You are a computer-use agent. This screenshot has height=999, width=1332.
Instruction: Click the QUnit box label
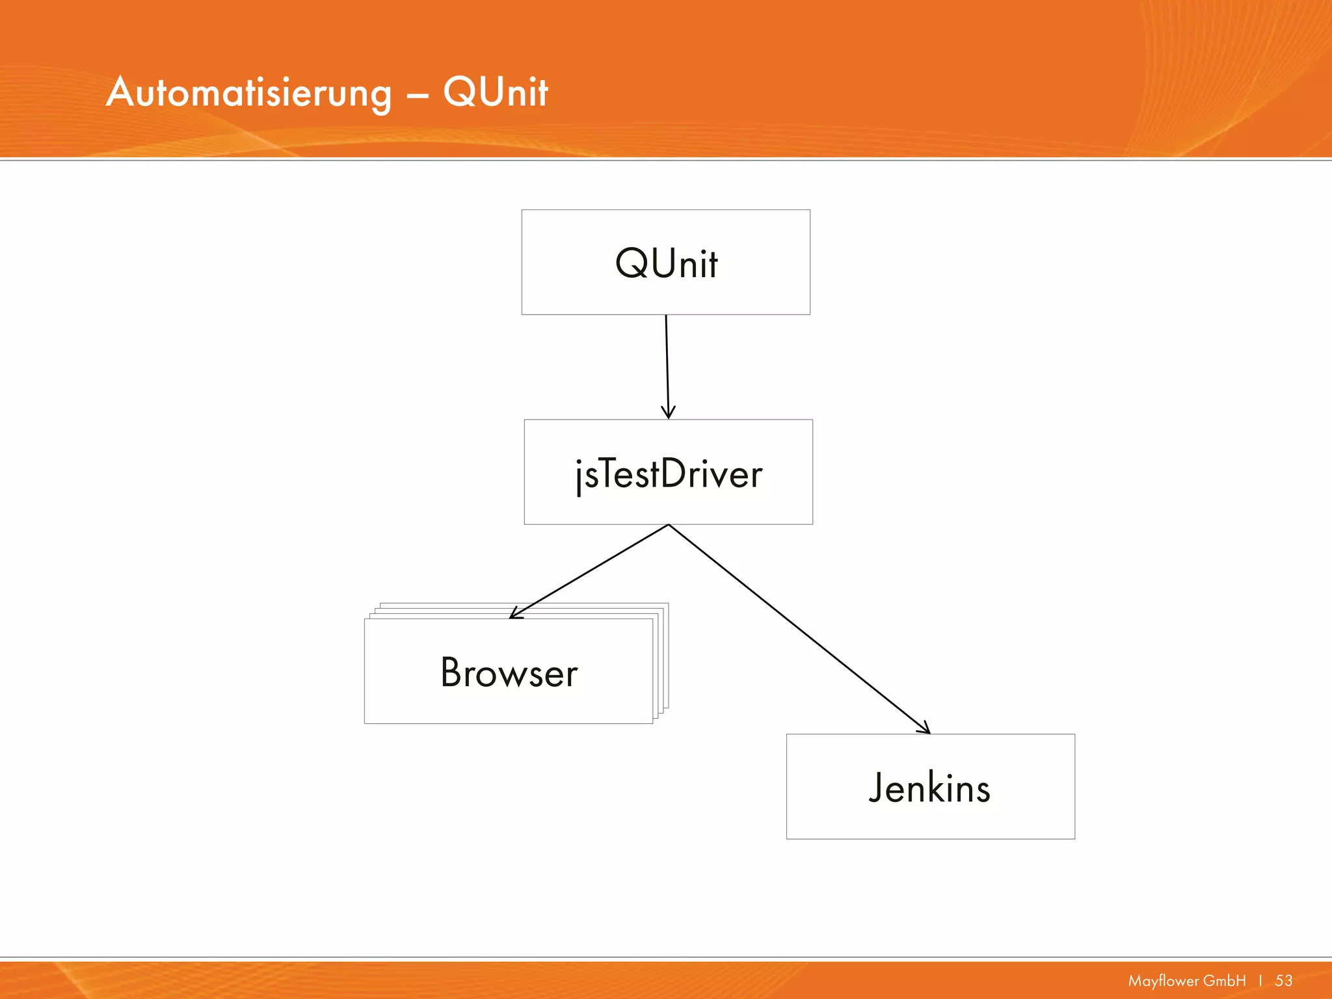pos(666,263)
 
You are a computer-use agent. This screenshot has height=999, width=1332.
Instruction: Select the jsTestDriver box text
pos(669,473)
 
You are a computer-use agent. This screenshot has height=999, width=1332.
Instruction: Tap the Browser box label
pos(509,673)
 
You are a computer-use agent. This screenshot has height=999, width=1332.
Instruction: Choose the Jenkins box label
pos(929,788)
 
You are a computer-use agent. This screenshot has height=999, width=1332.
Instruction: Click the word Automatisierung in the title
pos(249,92)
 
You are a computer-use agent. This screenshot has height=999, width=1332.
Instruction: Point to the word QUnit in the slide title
pos(496,92)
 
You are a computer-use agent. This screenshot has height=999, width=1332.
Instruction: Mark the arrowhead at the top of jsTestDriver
pos(668,414)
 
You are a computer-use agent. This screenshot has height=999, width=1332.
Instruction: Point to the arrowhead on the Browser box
pos(514,614)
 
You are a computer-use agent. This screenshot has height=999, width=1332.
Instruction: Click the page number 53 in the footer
pos(1283,980)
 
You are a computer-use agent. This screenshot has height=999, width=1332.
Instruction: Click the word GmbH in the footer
pos(1225,980)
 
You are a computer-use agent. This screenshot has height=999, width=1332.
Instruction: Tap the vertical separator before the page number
pos(1260,980)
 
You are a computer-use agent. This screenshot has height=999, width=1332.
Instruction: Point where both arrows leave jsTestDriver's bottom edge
pos(669,525)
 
